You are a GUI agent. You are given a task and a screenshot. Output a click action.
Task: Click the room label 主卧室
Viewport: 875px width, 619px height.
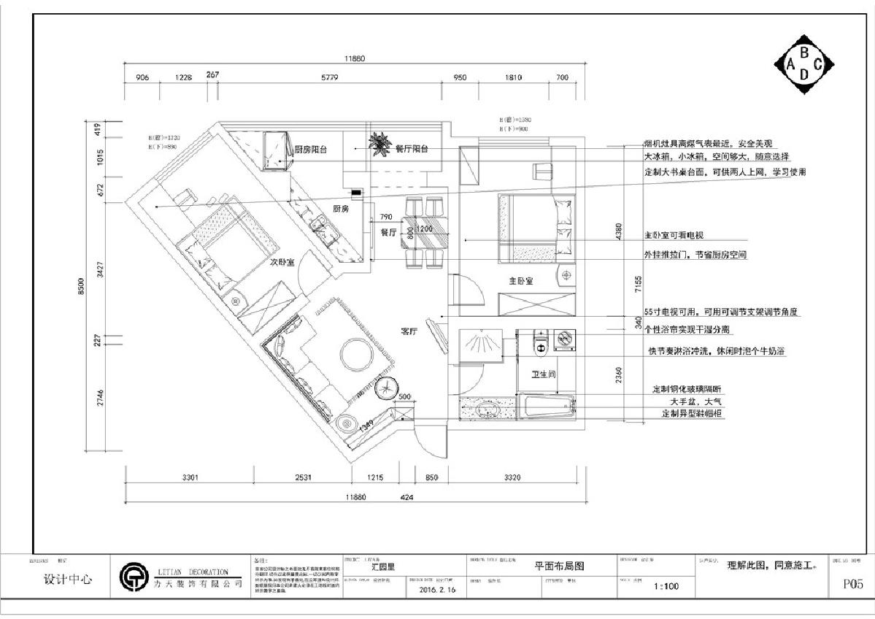521,280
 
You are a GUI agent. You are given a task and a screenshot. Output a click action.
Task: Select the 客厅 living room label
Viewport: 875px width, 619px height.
409,331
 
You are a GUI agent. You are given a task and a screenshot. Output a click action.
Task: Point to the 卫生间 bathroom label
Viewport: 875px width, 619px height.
544,374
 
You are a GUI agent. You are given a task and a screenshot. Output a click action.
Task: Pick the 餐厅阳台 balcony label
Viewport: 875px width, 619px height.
411,149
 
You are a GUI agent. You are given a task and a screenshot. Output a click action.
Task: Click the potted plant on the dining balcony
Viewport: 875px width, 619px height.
379,144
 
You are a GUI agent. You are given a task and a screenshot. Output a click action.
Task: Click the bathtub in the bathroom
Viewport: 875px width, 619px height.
547,407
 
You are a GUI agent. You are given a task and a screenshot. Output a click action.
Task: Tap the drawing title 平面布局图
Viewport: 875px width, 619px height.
560,566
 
